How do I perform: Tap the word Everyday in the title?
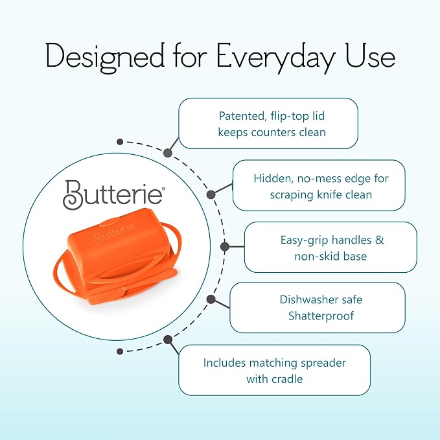[276, 58]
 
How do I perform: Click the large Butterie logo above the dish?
[113, 194]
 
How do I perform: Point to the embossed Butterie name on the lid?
[115, 233]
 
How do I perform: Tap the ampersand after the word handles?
[379, 240]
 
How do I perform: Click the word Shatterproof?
[321, 316]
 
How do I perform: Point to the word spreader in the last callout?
[323, 364]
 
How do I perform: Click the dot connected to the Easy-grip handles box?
[224, 247]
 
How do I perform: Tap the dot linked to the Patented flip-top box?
[168, 153]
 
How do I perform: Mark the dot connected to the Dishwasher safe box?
[211, 299]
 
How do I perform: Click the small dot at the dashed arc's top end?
[120, 142]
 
